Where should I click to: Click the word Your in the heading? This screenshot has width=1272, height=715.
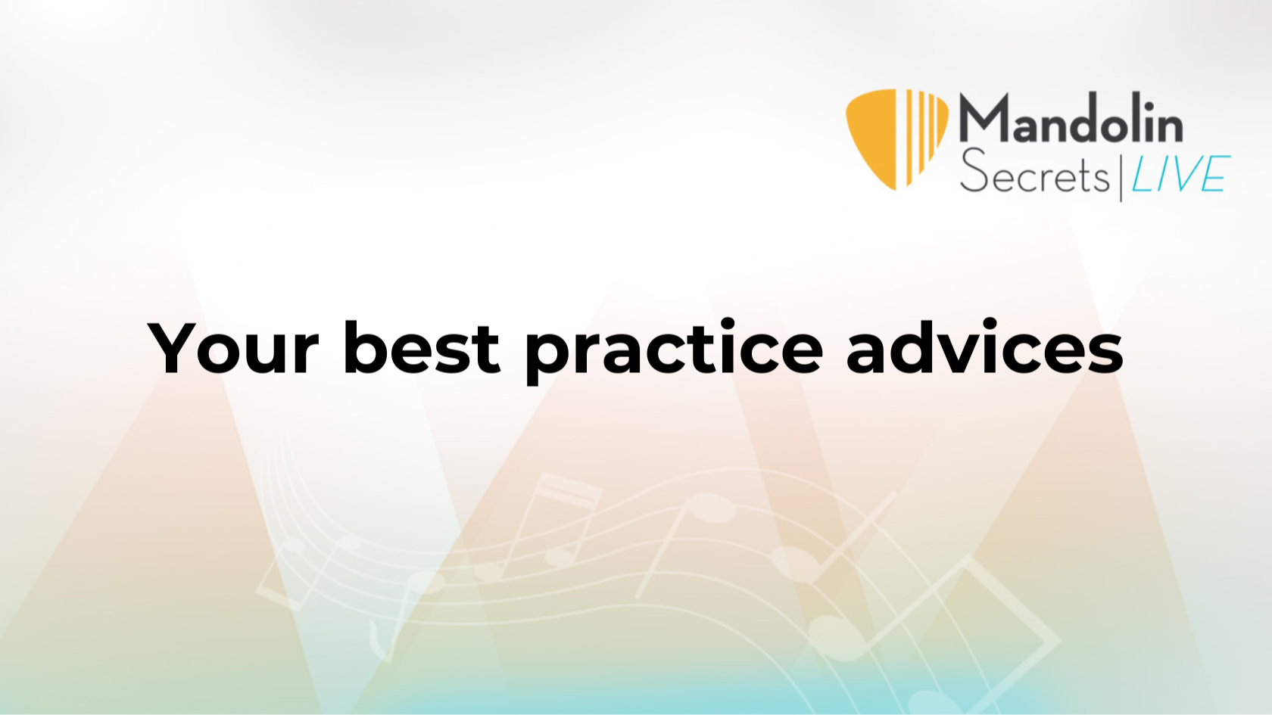pyautogui.click(x=233, y=347)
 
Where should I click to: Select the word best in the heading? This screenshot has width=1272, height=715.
pyautogui.click(x=422, y=347)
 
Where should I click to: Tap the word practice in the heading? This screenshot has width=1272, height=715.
pyautogui.click(x=674, y=351)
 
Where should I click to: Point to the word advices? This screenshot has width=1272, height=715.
pyautogui.click(x=984, y=347)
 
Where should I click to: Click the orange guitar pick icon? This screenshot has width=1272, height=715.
pyautogui.click(x=896, y=139)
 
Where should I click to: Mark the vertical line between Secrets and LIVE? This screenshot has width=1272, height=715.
pyautogui.click(x=1121, y=176)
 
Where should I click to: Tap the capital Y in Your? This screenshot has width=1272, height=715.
pyautogui.click(x=173, y=348)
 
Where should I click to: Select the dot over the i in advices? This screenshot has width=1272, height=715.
pyautogui.click(x=992, y=322)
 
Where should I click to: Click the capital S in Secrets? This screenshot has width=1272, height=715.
pyautogui.click(x=973, y=171)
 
